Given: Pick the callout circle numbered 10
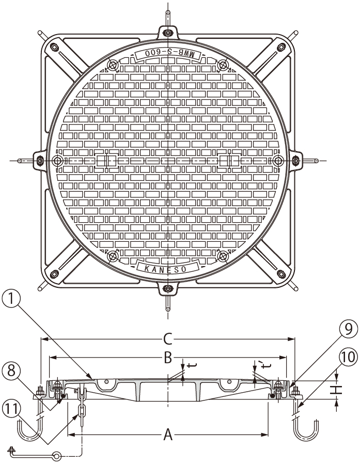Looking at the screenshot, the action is tap(349, 357).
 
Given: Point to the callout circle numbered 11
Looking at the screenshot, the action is tap(11, 410).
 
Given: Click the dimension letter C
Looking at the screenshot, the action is tap(168, 339).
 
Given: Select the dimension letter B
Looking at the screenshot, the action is tap(168, 358).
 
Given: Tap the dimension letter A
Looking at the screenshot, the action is tap(168, 435).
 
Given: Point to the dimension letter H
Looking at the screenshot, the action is tap(337, 390).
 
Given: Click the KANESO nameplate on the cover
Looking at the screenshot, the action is tap(167, 268).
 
